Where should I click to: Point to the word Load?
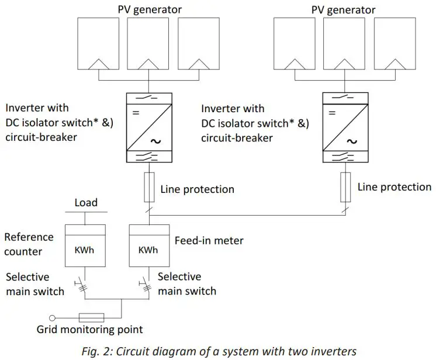tap(86, 203)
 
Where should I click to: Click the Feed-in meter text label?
tap(209, 240)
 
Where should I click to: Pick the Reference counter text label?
tap(29, 244)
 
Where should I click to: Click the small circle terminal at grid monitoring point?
tap(52, 317)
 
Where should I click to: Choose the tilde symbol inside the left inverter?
tap(156, 140)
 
